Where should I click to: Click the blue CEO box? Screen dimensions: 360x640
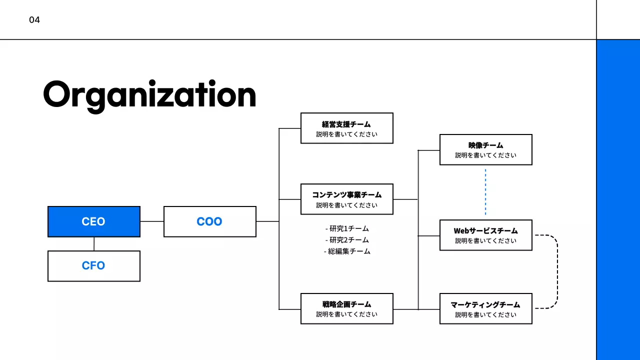pyautogui.click(x=94, y=221)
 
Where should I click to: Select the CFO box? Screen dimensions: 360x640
pyautogui.click(x=94, y=265)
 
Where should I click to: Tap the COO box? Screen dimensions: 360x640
pyautogui.click(x=209, y=221)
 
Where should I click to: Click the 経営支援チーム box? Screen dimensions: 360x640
pyautogui.click(x=346, y=128)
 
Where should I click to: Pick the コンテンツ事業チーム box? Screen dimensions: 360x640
pyautogui.click(x=346, y=199)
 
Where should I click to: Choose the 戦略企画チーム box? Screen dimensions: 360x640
pyautogui.click(x=346, y=308)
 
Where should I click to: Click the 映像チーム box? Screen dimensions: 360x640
pyautogui.click(x=485, y=149)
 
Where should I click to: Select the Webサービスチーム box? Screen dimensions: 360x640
pyautogui.click(x=485, y=235)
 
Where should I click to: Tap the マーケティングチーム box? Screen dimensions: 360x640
pyautogui.click(x=485, y=308)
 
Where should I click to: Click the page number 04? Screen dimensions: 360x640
pyautogui.click(x=34, y=20)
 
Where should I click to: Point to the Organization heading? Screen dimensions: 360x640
pyautogui.click(x=149, y=94)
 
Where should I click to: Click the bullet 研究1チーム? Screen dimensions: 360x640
pyautogui.click(x=347, y=228)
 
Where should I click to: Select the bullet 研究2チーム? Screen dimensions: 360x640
pyautogui.click(x=347, y=240)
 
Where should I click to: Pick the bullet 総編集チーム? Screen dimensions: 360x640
pyautogui.click(x=347, y=251)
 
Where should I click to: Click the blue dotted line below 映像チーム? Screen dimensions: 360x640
pyautogui.click(x=485, y=192)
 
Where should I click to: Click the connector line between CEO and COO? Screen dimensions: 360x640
pyautogui.click(x=152, y=221)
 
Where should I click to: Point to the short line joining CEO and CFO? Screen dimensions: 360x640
pyautogui.click(x=94, y=244)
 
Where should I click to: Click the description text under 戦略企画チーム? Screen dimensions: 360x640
pyautogui.click(x=346, y=314)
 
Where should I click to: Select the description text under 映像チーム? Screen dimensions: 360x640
pyautogui.click(x=485, y=155)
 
